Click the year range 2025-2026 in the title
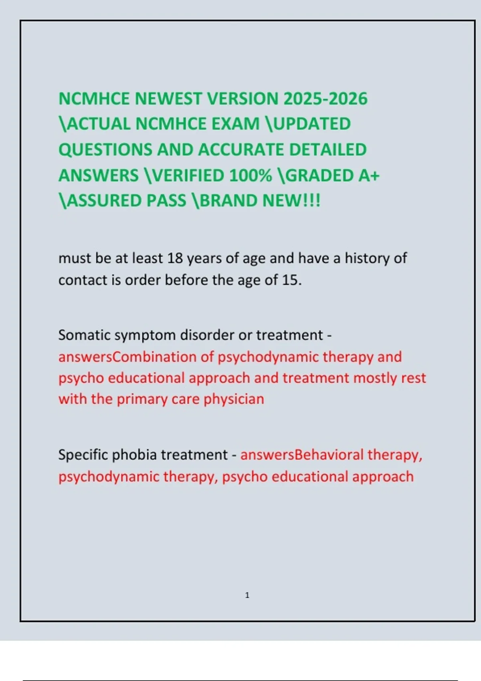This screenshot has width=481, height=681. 325,99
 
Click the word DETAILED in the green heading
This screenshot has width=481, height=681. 327,149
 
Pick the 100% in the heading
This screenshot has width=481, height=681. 251,175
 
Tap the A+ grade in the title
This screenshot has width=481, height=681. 369,175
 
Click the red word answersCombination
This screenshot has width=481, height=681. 127,357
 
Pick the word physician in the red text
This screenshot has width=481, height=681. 234,399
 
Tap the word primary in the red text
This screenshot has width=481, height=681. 142,399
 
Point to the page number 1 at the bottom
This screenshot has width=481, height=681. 247,595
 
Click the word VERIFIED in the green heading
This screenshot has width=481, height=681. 187,175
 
